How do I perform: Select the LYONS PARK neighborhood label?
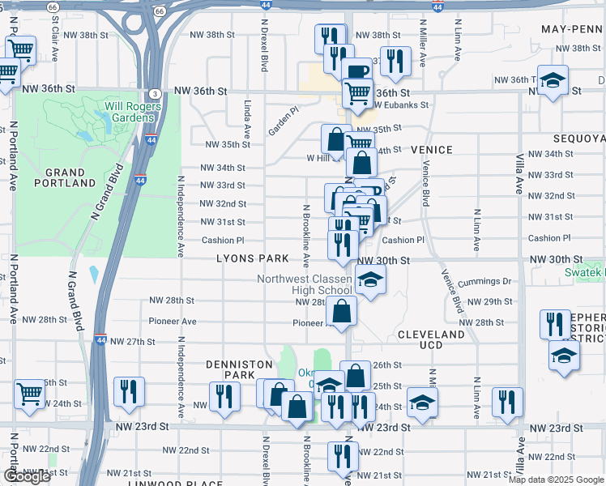pyautogui.click(x=252, y=258)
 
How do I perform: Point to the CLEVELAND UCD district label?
pyautogui.click(x=432, y=339)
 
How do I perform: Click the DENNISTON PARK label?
pyautogui.click(x=238, y=370)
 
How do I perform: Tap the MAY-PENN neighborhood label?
pyautogui.click(x=572, y=28)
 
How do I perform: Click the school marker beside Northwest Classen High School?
pyautogui.click(x=369, y=279)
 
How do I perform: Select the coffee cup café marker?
pyautogui.click(x=356, y=71)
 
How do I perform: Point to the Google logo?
pyautogui.click(x=27, y=477)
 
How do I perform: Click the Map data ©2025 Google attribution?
pyautogui.click(x=556, y=480)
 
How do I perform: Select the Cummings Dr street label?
pyautogui.click(x=484, y=281)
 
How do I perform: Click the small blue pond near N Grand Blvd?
pyautogui.click(x=95, y=274)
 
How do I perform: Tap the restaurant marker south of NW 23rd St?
pyautogui.click(x=343, y=456)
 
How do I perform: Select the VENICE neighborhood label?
pyautogui.click(x=431, y=150)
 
